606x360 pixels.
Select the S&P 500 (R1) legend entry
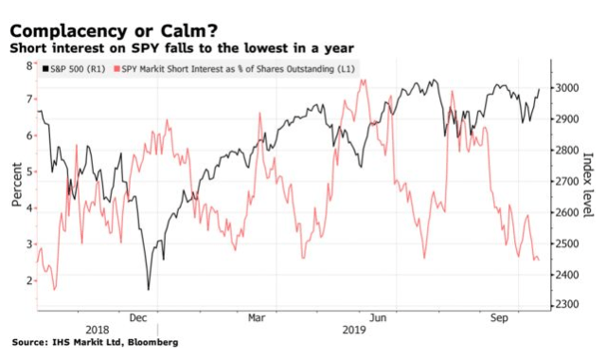(x=74, y=69)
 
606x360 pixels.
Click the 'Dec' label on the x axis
(x=138, y=319)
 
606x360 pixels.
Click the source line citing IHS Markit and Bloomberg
(x=95, y=343)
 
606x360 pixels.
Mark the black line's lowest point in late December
(x=149, y=290)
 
